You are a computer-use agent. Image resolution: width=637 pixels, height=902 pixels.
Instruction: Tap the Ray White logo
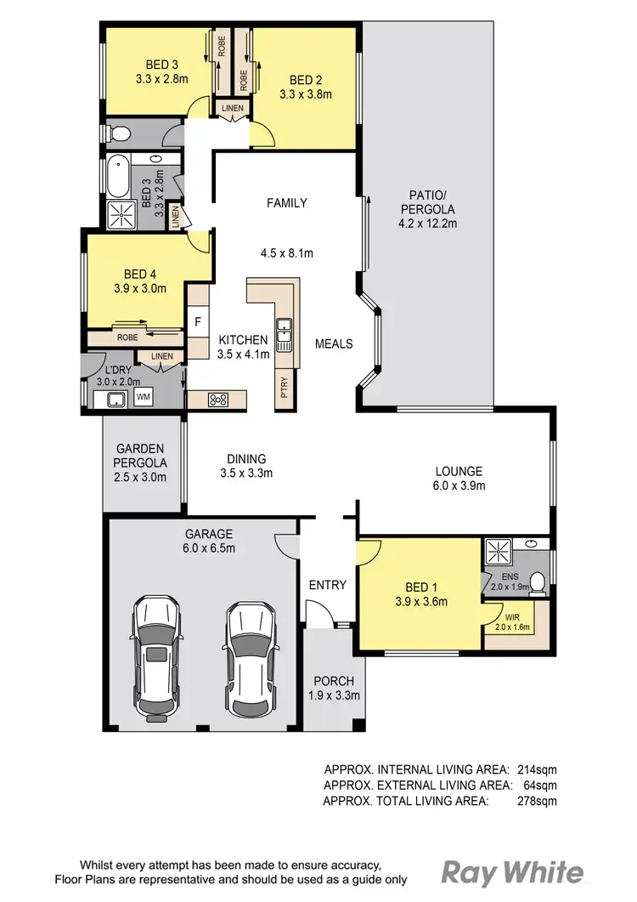pyautogui.click(x=512, y=872)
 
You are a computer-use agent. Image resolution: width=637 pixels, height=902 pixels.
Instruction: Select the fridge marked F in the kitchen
pyautogui.click(x=198, y=321)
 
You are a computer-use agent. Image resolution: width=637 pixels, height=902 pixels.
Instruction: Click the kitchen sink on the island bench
pyautogui.click(x=283, y=335)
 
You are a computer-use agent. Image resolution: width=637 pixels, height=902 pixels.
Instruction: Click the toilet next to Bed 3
pyautogui.click(x=120, y=133)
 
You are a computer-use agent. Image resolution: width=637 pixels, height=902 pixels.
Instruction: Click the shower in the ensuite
pyautogui.click(x=499, y=553)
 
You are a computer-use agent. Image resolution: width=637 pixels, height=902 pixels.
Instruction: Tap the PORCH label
pyautogui.click(x=333, y=681)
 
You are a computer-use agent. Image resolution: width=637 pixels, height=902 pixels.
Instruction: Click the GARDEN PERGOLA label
pyautogui.click(x=141, y=456)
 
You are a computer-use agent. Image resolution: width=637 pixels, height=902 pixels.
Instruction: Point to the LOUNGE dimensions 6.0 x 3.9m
pyautogui.click(x=459, y=486)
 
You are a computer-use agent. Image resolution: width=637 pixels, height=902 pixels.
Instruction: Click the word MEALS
pyautogui.click(x=334, y=343)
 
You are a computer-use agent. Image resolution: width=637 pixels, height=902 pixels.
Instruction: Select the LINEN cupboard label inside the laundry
pyautogui.click(x=161, y=356)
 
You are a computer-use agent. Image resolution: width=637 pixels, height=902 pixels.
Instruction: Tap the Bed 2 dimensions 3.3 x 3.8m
pyautogui.click(x=305, y=95)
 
